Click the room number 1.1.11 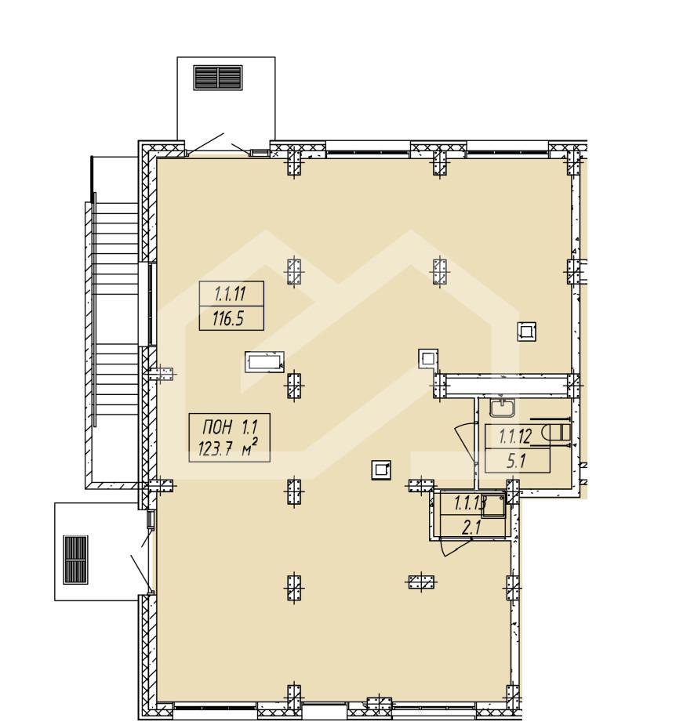[231, 294]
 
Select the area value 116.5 [227, 318]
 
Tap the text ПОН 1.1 [230, 426]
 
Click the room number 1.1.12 [515, 436]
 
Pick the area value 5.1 [516, 461]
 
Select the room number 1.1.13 [469, 502]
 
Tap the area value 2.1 [472, 528]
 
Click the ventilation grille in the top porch [218, 78]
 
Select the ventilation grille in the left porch [75, 560]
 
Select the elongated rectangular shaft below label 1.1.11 [264, 361]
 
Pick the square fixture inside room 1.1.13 [495, 507]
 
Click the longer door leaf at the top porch [205, 143]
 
